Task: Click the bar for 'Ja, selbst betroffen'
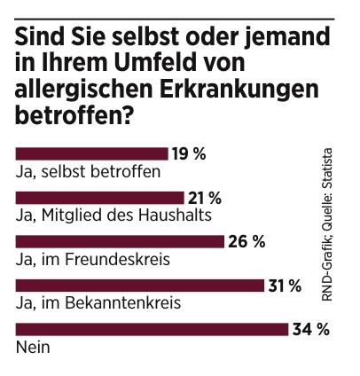coord(91,153)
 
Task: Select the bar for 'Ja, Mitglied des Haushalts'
coord(99,197)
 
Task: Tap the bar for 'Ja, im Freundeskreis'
coord(120,241)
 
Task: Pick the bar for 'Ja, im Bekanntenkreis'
coord(140,285)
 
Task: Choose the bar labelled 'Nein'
coord(152,329)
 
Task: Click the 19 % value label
coord(190,153)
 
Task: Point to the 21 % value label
coord(205,197)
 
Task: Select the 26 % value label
coord(247,241)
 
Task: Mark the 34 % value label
coord(310,329)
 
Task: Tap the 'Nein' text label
coord(34,347)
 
